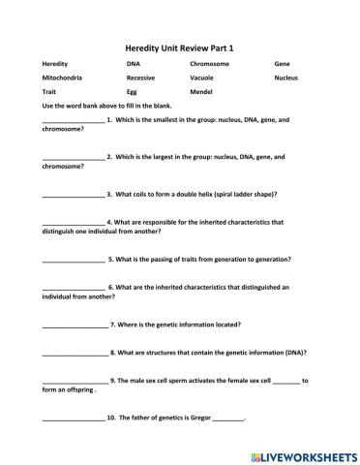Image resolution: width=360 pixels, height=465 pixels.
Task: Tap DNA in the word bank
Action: [x=133, y=63]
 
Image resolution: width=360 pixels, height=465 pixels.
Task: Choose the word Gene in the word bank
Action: [x=282, y=63]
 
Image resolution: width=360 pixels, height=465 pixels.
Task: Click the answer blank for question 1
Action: [x=73, y=121]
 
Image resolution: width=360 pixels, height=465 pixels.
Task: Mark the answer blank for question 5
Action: [x=74, y=260]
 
